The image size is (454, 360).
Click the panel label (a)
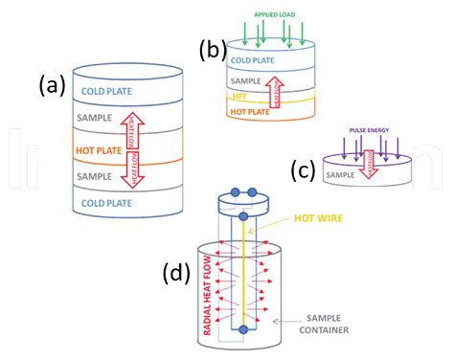(x=52, y=86)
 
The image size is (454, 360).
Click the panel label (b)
(x=212, y=50)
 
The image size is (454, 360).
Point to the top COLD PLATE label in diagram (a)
(x=103, y=91)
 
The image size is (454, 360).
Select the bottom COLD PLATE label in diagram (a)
(x=103, y=204)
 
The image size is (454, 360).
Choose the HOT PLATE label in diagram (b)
(x=249, y=111)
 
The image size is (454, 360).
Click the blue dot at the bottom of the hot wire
(x=244, y=331)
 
